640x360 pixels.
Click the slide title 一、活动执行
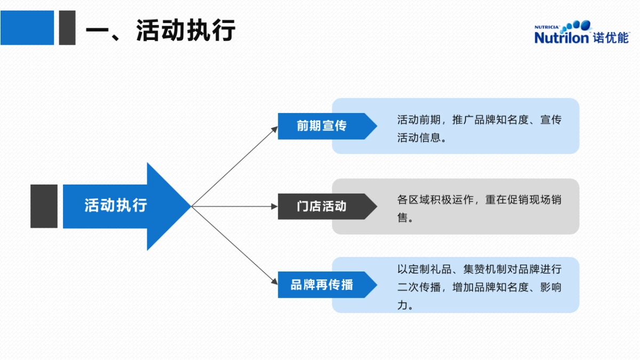point(160,30)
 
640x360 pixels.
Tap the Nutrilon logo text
point(562,37)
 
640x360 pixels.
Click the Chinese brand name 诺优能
point(611,37)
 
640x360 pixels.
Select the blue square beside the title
point(27,28)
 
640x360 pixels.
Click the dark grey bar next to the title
point(67,28)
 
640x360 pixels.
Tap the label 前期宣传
point(322,126)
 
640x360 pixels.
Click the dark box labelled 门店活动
point(322,206)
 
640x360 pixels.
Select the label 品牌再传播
point(322,284)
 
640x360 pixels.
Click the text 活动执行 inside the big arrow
point(116,206)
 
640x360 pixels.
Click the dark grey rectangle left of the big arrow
point(44,206)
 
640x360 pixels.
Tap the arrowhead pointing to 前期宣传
point(274,129)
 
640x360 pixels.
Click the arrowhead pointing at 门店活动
point(274,206)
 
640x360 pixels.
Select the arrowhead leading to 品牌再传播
point(274,282)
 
